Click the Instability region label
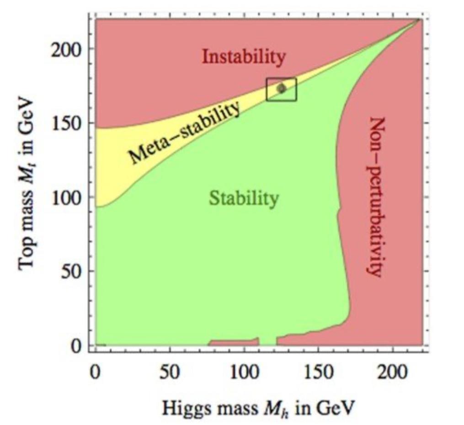point(244,58)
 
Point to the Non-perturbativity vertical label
point(375,197)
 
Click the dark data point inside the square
point(282,88)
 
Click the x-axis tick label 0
point(95,373)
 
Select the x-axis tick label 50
point(170,373)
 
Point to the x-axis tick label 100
point(244,373)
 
